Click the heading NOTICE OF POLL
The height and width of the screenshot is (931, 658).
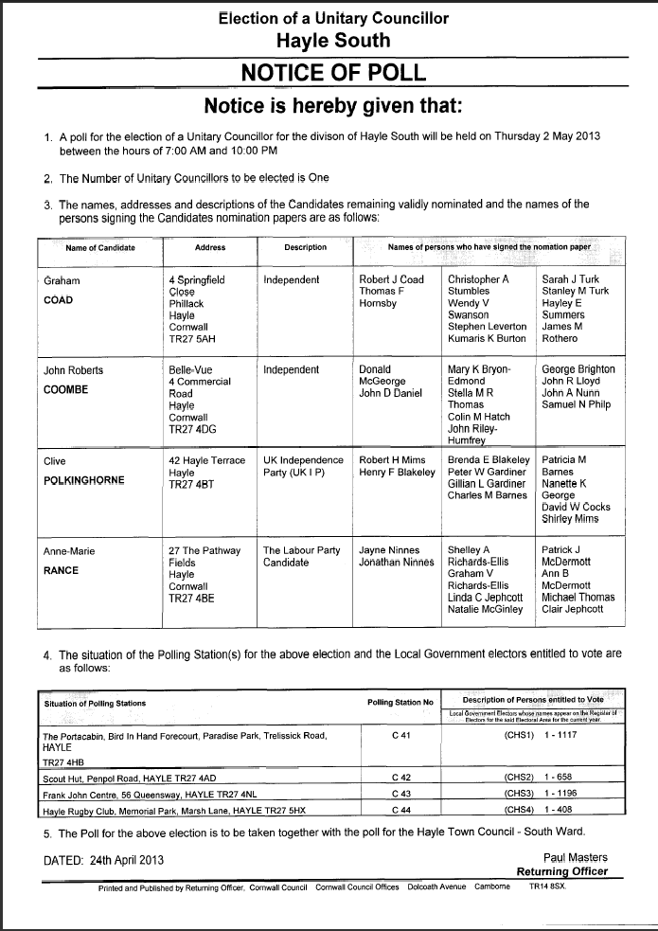(333, 73)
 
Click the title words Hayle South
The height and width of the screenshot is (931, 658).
(333, 40)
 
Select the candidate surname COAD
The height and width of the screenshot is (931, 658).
(61, 301)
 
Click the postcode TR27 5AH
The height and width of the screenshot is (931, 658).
(193, 338)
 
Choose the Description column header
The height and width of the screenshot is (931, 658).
(305, 248)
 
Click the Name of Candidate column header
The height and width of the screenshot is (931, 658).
(100, 248)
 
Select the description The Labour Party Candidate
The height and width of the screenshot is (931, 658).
(301, 556)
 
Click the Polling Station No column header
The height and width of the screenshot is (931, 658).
(400, 702)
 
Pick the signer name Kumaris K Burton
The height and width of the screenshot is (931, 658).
(487, 338)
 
